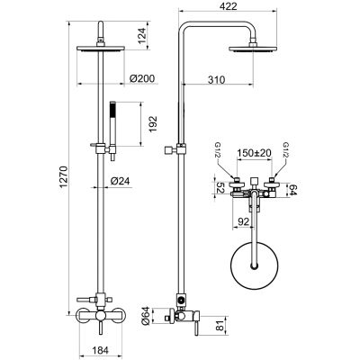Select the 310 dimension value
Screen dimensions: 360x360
click(x=239, y=80)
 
